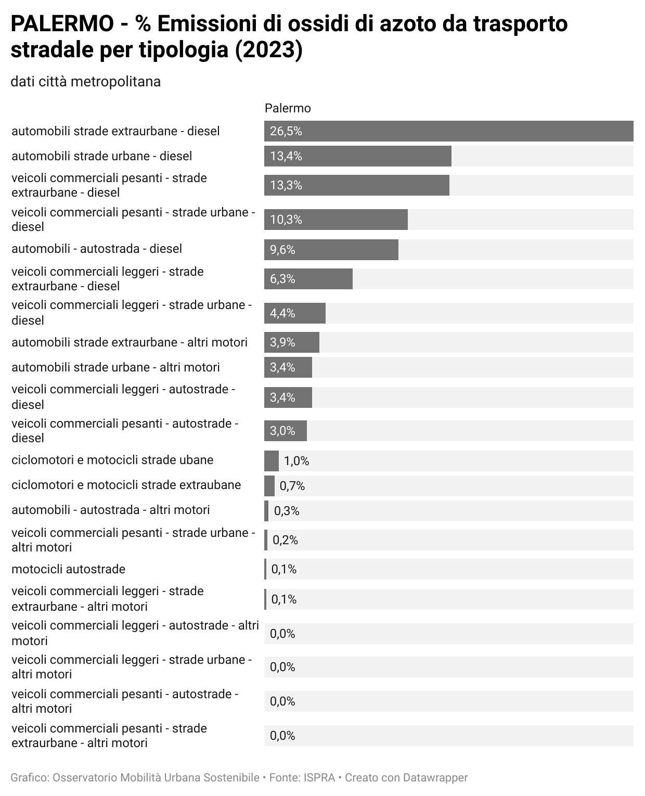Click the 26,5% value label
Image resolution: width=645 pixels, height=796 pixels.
pos(286,131)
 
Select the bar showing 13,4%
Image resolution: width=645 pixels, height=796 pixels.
pos(357,156)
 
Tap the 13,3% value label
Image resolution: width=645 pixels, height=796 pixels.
pos(286,185)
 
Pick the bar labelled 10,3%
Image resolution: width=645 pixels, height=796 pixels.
pos(336,220)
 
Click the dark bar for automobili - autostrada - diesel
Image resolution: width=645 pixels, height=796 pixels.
pos(331,250)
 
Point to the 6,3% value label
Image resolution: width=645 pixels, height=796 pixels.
pos(282,279)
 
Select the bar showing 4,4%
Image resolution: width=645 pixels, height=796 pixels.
pos(294,313)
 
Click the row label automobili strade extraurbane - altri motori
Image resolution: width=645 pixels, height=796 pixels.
pos(130,342)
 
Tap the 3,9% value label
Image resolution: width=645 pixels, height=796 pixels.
pos(282,342)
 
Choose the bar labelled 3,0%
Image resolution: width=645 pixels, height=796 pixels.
pos(285,431)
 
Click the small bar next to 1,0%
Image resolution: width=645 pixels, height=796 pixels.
pos(271,461)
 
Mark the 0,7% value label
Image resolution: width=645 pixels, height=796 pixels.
pos(292,486)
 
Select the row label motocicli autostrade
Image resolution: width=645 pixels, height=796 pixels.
pos(68,569)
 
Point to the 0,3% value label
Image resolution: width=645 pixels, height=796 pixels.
pos(287,511)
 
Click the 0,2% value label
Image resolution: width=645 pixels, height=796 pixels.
pos(285,540)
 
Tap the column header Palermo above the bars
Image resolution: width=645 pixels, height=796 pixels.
pos(288,108)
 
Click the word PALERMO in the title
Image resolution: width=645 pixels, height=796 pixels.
pos(61,24)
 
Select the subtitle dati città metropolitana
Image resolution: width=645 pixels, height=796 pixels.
pos(85,82)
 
